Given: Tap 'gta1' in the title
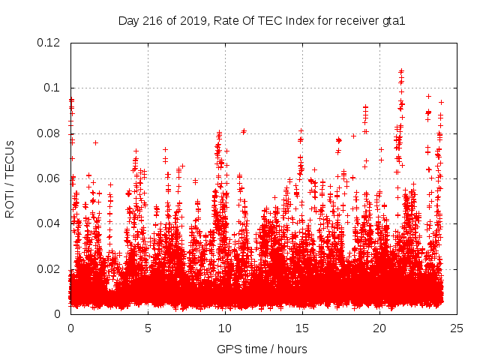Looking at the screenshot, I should (x=392, y=21).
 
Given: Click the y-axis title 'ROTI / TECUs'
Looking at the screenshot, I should (x=10, y=178).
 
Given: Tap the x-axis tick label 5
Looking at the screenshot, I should (x=148, y=328).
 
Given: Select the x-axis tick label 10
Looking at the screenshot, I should (x=225, y=328).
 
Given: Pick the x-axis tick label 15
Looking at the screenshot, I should (x=302, y=328).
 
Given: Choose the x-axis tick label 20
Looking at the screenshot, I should (x=379, y=328).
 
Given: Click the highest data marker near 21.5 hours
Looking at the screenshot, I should (x=401, y=71).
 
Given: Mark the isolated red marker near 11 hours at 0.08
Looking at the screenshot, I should (x=244, y=131).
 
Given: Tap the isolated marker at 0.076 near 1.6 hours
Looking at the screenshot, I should (x=95, y=142).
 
